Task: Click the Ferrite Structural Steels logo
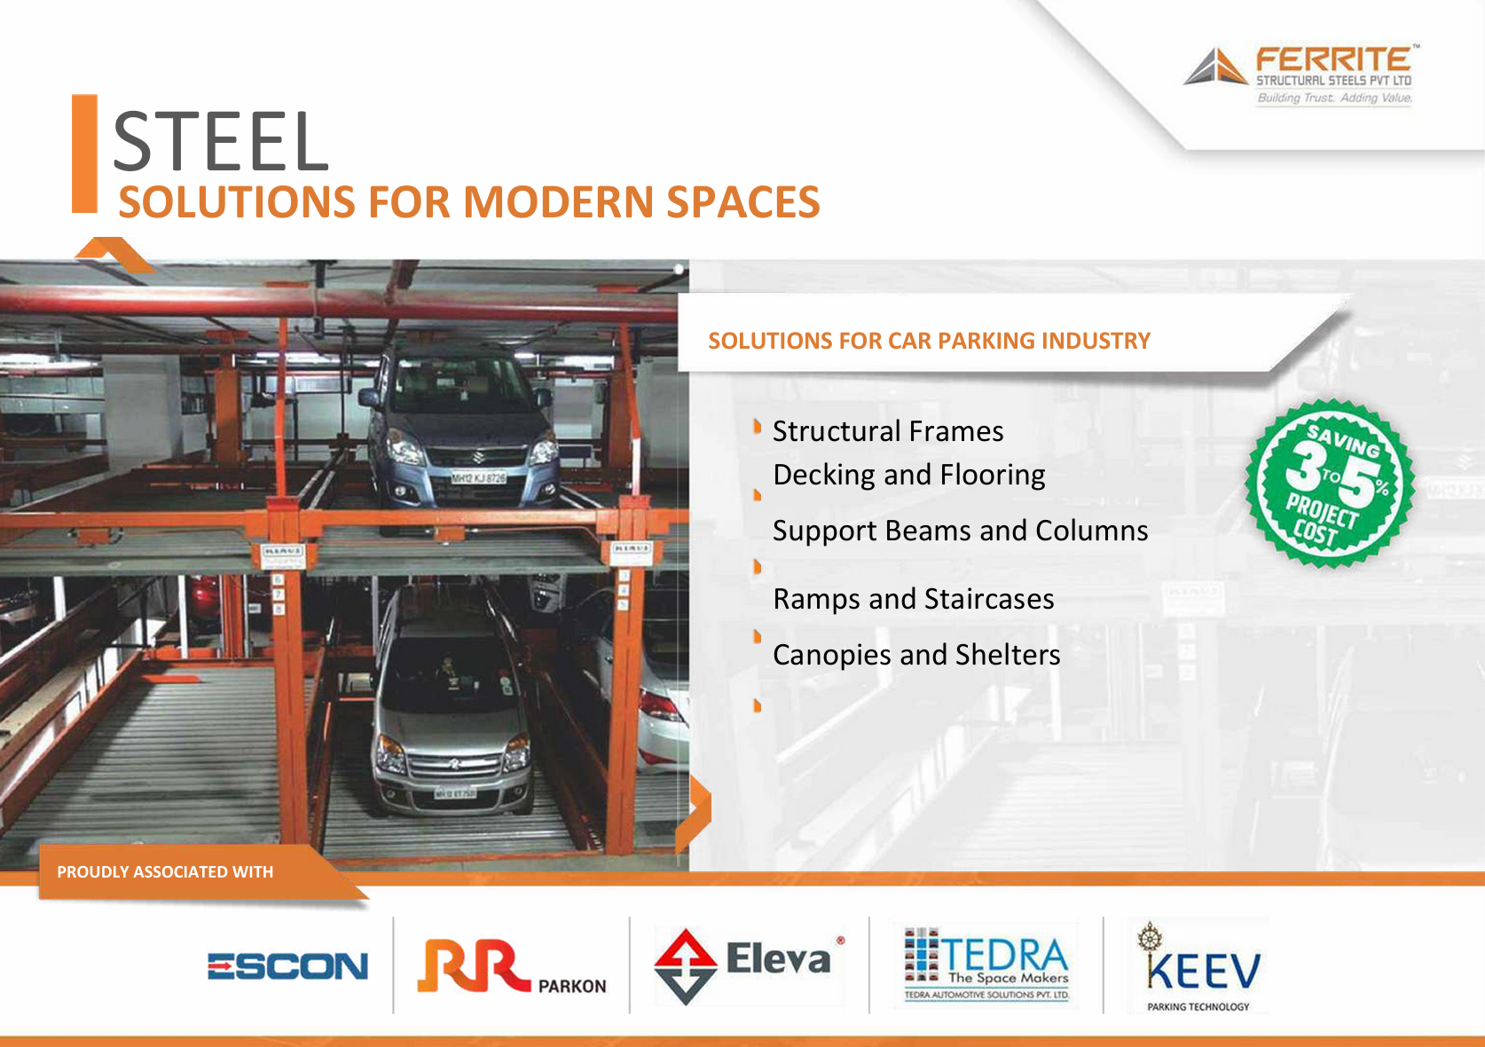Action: click(x=1300, y=75)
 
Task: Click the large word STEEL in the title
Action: click(x=221, y=141)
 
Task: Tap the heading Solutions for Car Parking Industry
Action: click(x=929, y=340)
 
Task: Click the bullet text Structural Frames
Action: click(x=888, y=431)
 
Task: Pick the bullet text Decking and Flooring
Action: click(x=909, y=475)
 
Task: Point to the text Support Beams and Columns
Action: click(x=960, y=531)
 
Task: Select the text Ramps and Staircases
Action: click(x=913, y=599)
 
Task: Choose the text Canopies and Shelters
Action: click(x=916, y=655)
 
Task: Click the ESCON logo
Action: click(x=287, y=965)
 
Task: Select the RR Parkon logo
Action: click(x=511, y=966)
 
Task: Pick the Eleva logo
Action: click(x=749, y=965)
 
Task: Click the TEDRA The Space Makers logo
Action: click(x=986, y=964)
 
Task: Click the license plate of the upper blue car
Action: click(x=478, y=477)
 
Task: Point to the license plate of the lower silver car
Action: click(x=455, y=793)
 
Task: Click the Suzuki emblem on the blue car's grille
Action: click(x=478, y=456)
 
